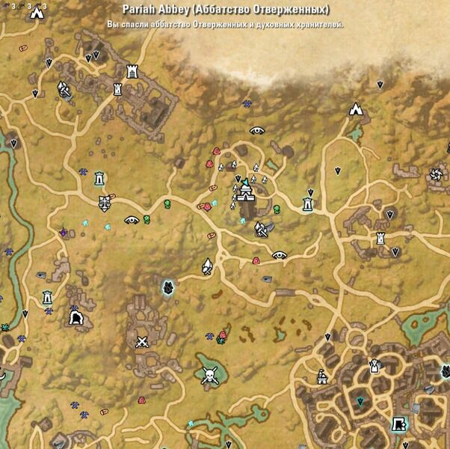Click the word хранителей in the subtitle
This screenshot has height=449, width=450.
coord(321,25)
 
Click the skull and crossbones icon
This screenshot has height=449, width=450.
coord(209,374)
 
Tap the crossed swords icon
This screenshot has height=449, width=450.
coord(142,342)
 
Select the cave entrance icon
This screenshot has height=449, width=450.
coord(75,320)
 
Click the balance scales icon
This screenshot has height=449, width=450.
coord(105,201)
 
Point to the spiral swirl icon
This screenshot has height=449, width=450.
coord(435,175)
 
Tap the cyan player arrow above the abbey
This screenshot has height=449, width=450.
coord(244,181)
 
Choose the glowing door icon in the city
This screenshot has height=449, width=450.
coord(400,424)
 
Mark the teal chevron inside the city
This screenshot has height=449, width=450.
coord(360,402)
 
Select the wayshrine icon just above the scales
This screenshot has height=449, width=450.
coord(99,178)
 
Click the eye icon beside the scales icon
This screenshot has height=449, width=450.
coord(132,220)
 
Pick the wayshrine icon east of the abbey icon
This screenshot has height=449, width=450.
coord(307,204)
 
